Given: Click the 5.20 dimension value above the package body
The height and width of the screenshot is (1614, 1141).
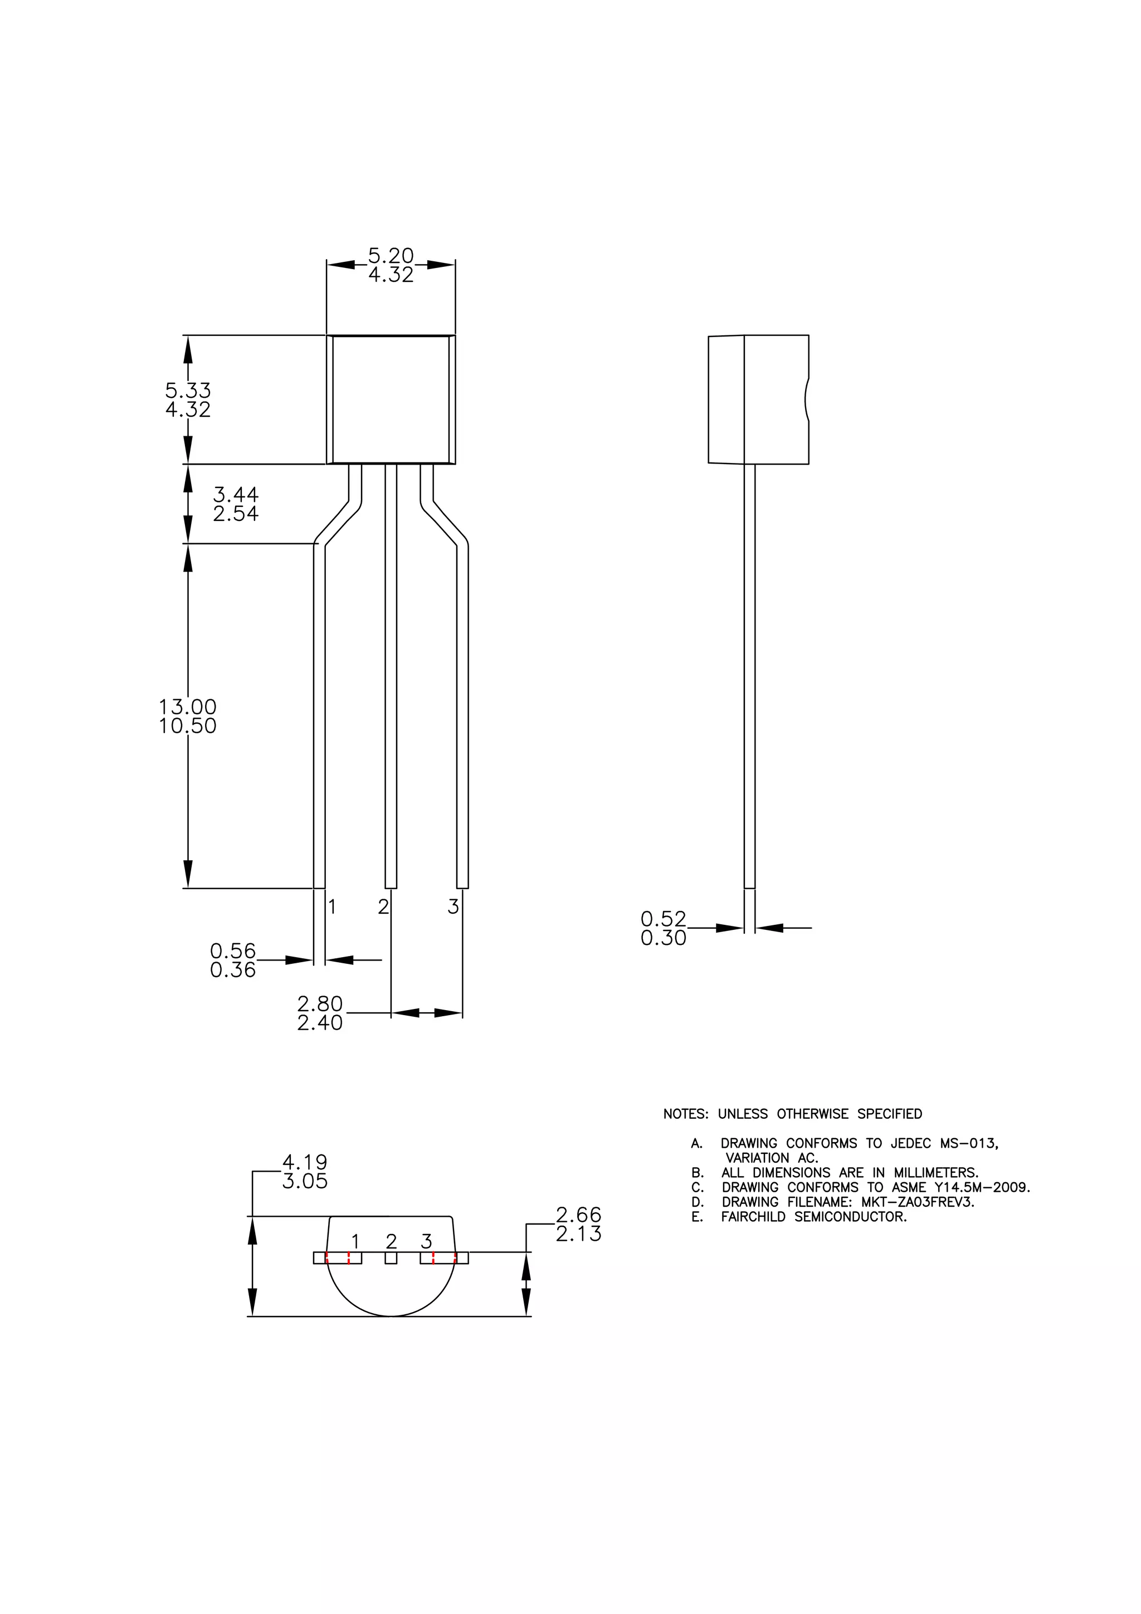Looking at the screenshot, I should coord(391,255).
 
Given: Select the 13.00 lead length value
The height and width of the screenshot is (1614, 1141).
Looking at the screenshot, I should coord(188,706).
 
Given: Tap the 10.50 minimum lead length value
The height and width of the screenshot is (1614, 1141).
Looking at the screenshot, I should coord(188,726).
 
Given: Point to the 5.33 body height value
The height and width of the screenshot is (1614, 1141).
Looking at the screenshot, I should coord(188,390).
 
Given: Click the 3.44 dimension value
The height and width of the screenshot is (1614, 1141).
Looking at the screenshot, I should coord(236,494).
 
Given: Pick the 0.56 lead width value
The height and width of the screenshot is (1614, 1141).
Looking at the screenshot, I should coord(233,951).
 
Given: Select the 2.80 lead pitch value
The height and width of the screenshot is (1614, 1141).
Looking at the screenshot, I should coord(320,1003).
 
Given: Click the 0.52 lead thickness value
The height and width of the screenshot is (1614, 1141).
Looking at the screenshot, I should coord(663,919).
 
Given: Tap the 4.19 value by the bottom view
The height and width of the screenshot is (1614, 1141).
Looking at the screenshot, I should coord(304,1162).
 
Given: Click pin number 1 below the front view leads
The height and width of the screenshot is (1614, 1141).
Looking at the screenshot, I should coord(333,907).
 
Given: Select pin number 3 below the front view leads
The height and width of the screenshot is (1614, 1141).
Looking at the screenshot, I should coord(453,907).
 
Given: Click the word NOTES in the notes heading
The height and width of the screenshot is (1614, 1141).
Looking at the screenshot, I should coord(685,1114).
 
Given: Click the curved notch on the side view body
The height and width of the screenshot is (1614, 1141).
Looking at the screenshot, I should coord(806,399).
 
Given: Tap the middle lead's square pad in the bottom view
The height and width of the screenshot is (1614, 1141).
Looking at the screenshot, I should coord(391,1259).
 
